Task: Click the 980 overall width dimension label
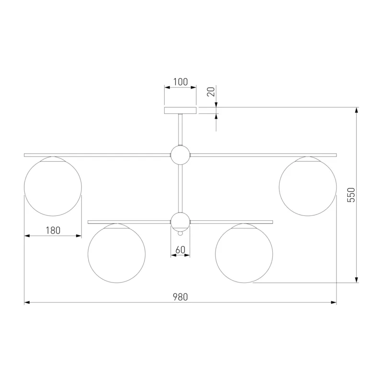tap(180, 297)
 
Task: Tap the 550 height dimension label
tap(351, 195)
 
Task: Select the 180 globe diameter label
tap(53, 230)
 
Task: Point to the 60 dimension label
tap(180, 250)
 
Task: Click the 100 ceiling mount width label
tap(180, 82)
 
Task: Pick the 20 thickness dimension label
tap(211, 91)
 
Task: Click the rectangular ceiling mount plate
tap(180, 111)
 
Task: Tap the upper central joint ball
tap(180, 155)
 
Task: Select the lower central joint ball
tap(180, 222)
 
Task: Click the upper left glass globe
tap(53, 187)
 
